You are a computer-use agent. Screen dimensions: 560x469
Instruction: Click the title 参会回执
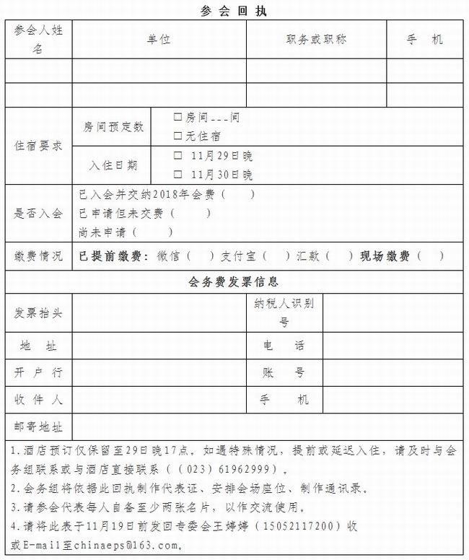click(234, 11)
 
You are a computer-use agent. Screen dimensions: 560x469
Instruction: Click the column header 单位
click(159, 40)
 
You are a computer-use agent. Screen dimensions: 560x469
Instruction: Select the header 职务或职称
click(316, 40)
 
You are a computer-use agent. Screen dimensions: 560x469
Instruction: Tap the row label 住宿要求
click(39, 145)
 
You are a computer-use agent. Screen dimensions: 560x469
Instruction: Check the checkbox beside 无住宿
click(177, 135)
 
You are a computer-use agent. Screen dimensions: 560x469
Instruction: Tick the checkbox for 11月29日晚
click(177, 155)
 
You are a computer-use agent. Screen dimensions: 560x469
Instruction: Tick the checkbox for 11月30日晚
click(177, 174)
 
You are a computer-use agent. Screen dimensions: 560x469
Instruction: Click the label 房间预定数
click(113, 126)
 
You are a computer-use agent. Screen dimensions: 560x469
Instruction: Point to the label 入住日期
click(113, 165)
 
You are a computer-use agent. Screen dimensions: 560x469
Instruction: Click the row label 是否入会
click(39, 214)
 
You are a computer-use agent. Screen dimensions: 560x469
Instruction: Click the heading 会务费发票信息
click(234, 281)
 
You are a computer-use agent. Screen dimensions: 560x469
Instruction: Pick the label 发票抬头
click(39, 313)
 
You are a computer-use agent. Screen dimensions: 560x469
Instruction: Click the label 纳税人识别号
click(284, 312)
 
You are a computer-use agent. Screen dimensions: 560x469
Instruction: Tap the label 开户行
click(39, 372)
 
